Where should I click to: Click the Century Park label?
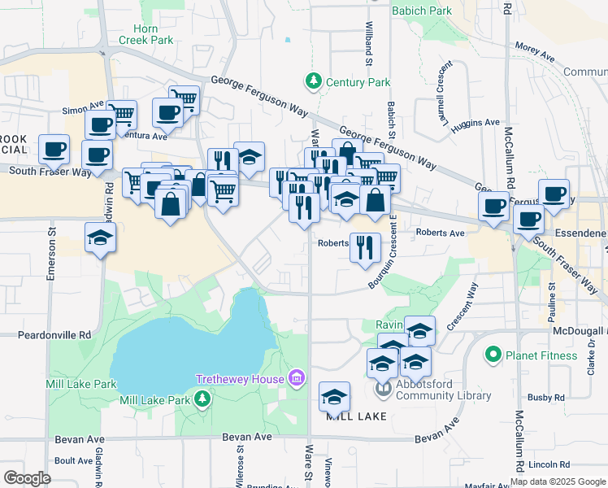pyautogui.click(x=358, y=82)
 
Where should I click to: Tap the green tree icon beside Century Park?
pyautogui.click(x=313, y=81)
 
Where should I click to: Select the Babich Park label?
pyautogui.click(x=421, y=11)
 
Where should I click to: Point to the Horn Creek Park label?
pyautogui.click(x=145, y=34)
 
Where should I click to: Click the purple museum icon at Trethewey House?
pyautogui.click(x=297, y=378)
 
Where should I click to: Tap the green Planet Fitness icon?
pyautogui.click(x=491, y=355)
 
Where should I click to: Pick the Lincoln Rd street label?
pyautogui.click(x=544, y=464)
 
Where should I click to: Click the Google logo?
pyautogui.click(x=27, y=478)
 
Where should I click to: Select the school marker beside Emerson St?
pyautogui.click(x=101, y=237)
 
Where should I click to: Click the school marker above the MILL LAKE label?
pyautogui.click(x=334, y=397)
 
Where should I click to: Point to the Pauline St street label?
pyautogui.click(x=552, y=298)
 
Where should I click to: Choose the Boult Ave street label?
pyautogui.click(x=74, y=460)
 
